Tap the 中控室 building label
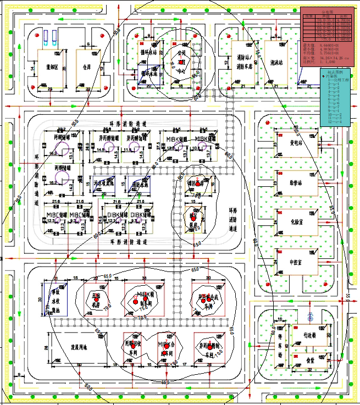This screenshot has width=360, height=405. (298, 263)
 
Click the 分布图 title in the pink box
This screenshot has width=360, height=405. (326, 12)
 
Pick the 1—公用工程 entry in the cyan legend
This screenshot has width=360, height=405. (336, 80)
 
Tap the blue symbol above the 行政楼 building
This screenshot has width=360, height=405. (311, 318)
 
